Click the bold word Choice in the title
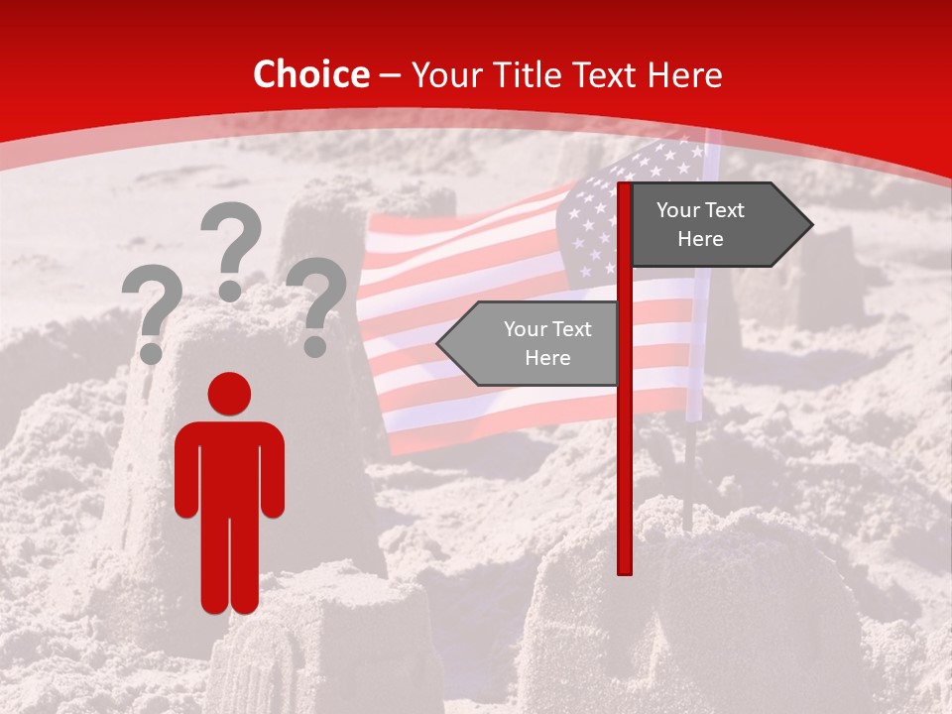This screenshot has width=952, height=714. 310,74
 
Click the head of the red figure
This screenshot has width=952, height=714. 229,394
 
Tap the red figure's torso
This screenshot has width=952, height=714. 229,466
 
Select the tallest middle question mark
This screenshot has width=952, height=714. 232,238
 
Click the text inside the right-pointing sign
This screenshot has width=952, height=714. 700,225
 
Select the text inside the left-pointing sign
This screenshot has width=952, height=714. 547,343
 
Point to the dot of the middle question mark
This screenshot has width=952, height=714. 230,291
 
